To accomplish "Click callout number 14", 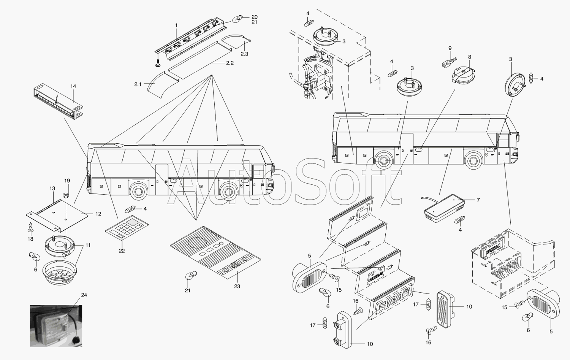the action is pos(73,87).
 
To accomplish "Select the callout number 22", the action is pos(122,251).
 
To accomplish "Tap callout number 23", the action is pos(237,286).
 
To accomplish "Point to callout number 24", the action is pos(84,295).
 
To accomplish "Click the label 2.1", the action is pos(138,84).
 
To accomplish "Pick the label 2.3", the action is pos(244,54).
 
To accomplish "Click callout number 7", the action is pos(478,200).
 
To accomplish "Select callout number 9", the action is pos(450,48).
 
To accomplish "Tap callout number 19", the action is pos(67,181).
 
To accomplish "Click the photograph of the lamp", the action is pos(55,325).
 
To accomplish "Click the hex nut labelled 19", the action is pos(65,195).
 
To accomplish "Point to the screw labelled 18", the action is pos(30,228).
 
